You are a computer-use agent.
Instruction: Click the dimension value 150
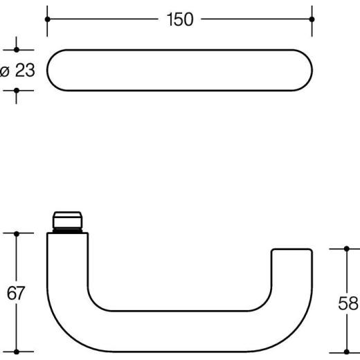[x=179, y=20]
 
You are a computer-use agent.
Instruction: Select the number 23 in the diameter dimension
[x=24, y=71]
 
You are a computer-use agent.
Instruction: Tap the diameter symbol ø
[x=4, y=71]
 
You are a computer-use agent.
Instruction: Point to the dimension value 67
[x=16, y=293]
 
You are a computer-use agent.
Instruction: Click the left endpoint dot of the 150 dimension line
[x=47, y=19]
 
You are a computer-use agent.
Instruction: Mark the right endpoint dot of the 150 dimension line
[x=312, y=19]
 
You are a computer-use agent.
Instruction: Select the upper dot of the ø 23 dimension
[x=17, y=50]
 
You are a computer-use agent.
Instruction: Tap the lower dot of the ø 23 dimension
[x=17, y=90]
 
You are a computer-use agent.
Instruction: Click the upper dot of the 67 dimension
[x=17, y=234]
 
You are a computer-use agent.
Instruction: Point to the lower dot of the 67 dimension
[x=17, y=351]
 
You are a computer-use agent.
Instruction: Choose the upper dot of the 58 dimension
[x=345, y=249]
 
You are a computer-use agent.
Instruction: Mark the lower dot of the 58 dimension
[x=345, y=351]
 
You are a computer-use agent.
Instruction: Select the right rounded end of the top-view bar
[x=302, y=70]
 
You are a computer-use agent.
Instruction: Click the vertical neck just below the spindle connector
[x=67, y=256]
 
